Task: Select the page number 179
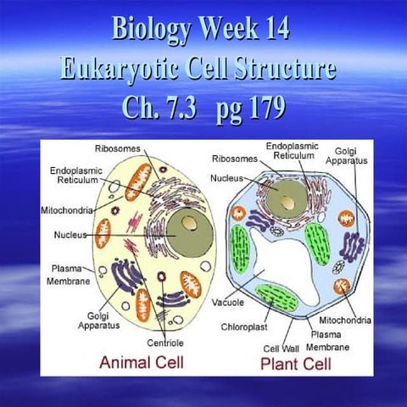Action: [254, 109]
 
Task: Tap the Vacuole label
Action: [228, 299]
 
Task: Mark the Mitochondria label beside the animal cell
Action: [67, 209]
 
